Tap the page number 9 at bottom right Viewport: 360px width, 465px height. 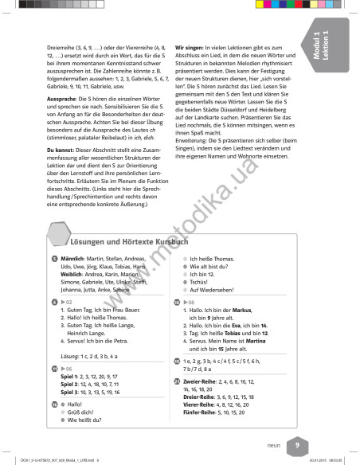tap(296, 446)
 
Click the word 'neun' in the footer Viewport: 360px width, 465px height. tap(272, 447)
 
